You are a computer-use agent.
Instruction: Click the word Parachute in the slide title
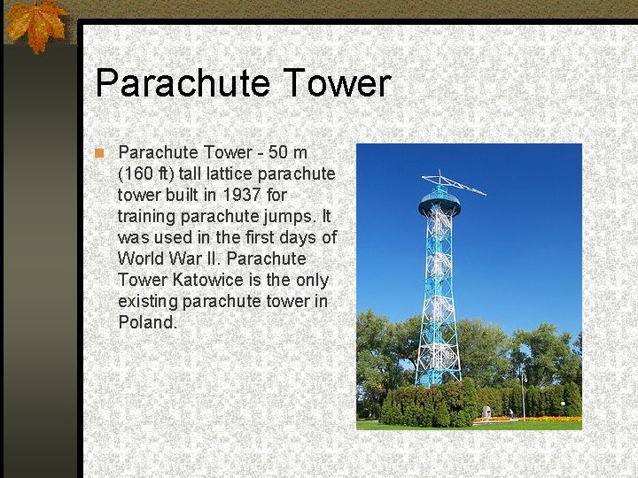pyautogui.click(x=181, y=83)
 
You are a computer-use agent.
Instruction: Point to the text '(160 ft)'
pyautogui.click(x=146, y=173)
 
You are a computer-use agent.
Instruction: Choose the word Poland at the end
pyautogui.click(x=146, y=322)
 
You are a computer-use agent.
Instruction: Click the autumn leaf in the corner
pyautogui.click(x=35, y=24)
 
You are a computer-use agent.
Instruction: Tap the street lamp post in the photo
pyautogui.click(x=524, y=393)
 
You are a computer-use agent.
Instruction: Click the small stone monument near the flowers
pyautogui.click(x=487, y=412)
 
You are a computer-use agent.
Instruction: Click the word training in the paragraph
pyautogui.click(x=147, y=216)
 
